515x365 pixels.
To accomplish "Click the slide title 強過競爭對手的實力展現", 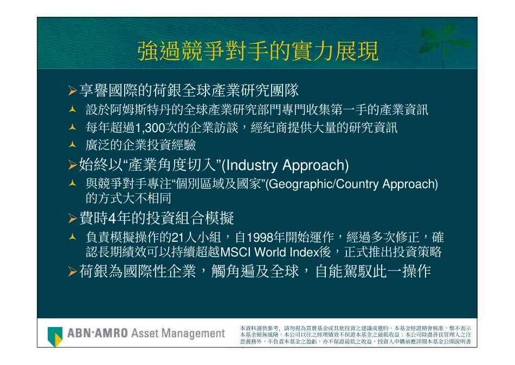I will click(257, 52).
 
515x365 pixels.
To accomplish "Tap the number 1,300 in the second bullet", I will click(149, 128).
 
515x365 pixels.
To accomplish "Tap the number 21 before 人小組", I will click(178, 238).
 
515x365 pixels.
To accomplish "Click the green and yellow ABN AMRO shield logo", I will click(55, 336).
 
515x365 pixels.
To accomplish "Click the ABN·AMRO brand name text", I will click(98, 333).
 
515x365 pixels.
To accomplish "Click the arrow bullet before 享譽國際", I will click(73, 91).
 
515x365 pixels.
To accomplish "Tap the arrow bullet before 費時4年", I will click(73, 219).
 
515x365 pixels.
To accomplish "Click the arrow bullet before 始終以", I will click(73, 165).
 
